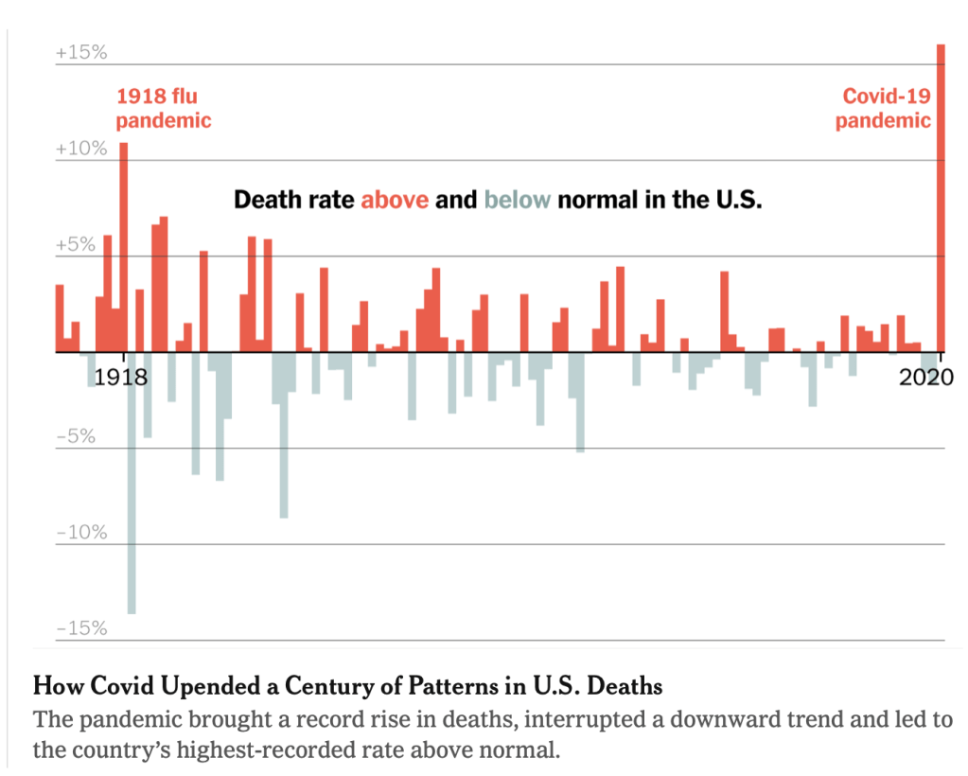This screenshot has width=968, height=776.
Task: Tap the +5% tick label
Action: coord(76,245)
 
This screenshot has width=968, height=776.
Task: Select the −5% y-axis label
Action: coord(76,437)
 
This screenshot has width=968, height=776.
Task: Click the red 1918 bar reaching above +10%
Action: coord(123,246)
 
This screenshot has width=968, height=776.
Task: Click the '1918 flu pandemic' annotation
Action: coord(163,108)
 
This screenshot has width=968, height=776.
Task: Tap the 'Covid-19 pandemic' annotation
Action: coord(884,108)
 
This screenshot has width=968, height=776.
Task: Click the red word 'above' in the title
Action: coord(395,201)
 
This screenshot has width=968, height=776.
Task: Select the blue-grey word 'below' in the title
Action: coord(517,201)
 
